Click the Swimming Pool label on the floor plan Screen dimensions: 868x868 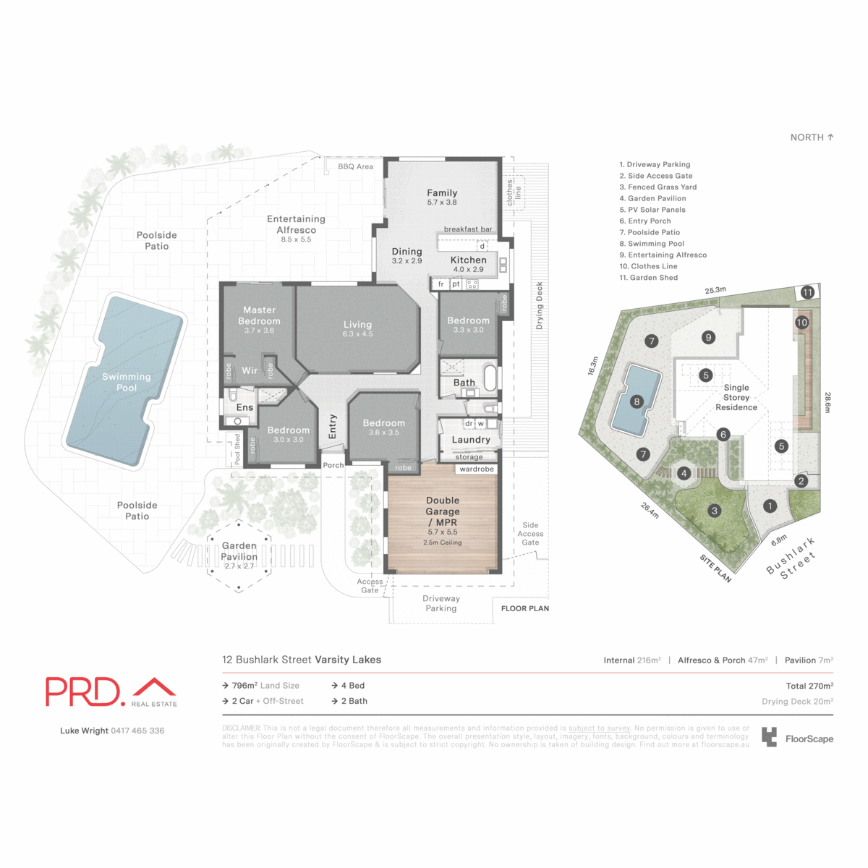click(127, 382)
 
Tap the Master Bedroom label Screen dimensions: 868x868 click(259, 315)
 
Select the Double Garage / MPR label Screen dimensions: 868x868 click(443, 511)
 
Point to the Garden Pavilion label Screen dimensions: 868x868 click(239, 551)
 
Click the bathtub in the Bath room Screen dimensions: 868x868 click(490, 378)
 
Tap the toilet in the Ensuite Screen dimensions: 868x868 click(233, 396)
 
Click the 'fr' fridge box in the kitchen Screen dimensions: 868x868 click(441, 284)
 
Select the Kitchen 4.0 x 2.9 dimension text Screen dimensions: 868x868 click(468, 270)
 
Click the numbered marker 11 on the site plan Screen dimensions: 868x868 click(807, 292)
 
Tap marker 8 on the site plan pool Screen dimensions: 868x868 click(637, 401)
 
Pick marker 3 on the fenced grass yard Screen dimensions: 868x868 click(715, 511)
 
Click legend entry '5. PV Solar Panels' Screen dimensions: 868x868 click(652, 210)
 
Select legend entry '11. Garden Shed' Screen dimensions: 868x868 click(649, 278)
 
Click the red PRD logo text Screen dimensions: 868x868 click(82, 692)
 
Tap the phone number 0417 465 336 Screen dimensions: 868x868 click(137, 731)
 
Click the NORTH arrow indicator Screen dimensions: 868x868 click(812, 137)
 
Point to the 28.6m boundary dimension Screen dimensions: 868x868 click(827, 403)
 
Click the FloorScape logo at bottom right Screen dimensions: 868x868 click(798, 739)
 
